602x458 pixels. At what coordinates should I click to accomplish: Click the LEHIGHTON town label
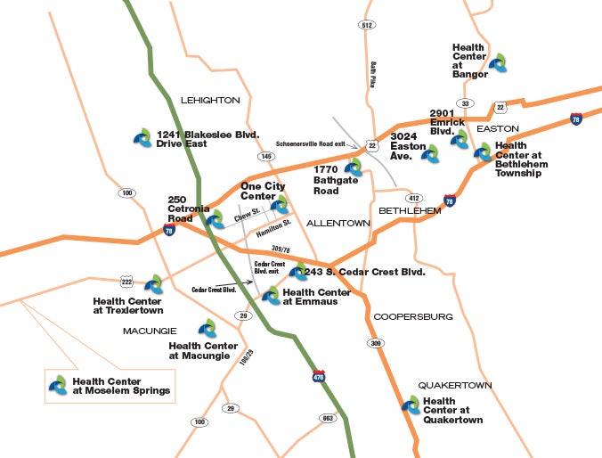[x=210, y=101]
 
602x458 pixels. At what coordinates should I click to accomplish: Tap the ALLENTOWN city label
[x=338, y=223]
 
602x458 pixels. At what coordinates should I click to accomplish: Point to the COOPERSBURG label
[x=413, y=316]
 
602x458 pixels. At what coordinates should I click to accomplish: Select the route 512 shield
[x=367, y=25]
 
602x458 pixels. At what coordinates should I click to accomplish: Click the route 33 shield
[x=465, y=103]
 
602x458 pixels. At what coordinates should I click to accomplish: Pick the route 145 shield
[x=266, y=157]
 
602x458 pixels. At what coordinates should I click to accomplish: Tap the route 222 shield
[x=127, y=281]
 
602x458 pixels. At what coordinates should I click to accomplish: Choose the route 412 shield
[x=413, y=197]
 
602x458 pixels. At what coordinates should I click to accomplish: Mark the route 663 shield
[x=328, y=417]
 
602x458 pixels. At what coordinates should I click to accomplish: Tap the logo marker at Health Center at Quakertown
[x=411, y=405]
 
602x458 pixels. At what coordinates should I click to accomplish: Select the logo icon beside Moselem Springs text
[x=59, y=385]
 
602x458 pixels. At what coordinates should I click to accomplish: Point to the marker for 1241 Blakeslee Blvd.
[x=142, y=136]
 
